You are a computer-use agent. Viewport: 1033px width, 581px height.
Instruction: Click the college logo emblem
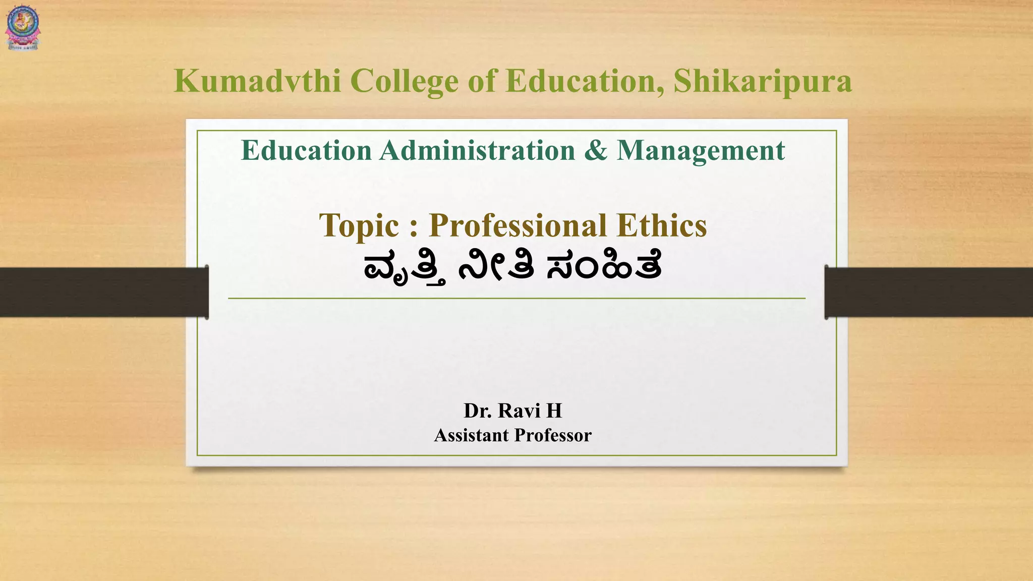click(x=23, y=28)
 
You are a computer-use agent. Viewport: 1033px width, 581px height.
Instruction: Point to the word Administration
click(x=477, y=150)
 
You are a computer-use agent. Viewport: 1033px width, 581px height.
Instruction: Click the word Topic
click(x=359, y=225)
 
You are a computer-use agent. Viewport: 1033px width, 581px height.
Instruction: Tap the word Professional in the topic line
click(x=518, y=225)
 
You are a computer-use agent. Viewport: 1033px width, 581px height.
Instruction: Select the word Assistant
click(x=472, y=435)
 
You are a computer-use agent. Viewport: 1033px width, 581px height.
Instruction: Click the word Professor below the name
click(x=553, y=435)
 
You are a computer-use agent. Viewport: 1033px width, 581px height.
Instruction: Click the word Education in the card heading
click(x=306, y=150)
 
